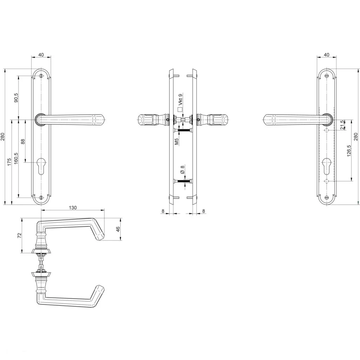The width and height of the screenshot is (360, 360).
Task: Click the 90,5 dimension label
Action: [x=16, y=98]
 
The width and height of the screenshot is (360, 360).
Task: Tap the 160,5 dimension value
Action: [x=16, y=159]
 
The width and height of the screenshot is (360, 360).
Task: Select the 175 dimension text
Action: [x=9, y=162]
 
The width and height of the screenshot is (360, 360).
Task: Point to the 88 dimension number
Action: [x=23, y=141]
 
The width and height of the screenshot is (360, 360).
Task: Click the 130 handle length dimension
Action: [x=72, y=207]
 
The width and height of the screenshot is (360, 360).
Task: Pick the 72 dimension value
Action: [x=19, y=235]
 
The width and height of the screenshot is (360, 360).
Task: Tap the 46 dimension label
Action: [x=118, y=229]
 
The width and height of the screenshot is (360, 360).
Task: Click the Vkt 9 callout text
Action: [x=180, y=99]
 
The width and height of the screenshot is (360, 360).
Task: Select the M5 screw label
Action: [x=176, y=141]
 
